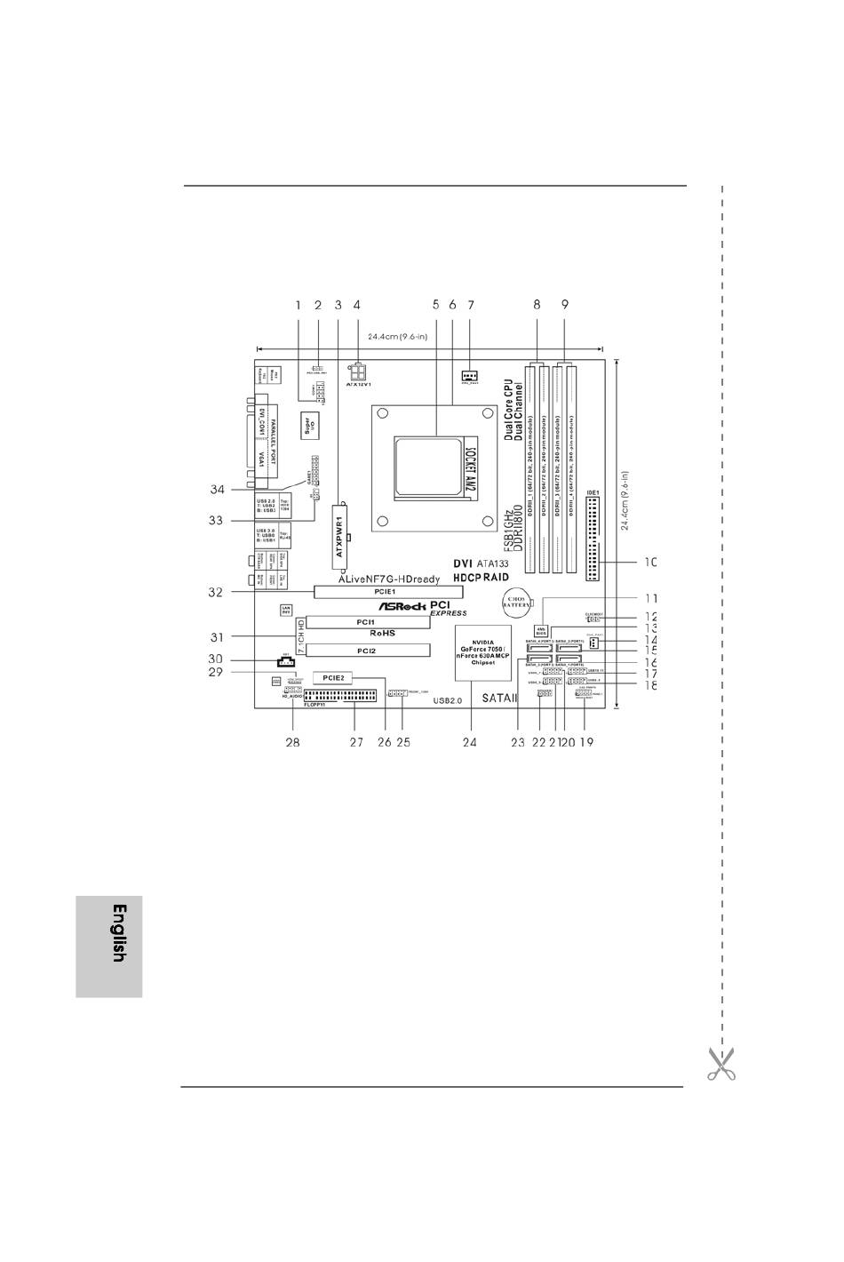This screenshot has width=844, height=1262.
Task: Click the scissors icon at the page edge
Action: coord(721,1064)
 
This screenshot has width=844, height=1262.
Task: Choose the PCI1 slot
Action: coord(364,622)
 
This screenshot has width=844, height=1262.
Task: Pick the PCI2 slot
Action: coord(364,651)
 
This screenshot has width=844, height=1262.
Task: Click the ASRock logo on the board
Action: coord(396,604)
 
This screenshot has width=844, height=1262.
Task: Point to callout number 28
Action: coord(291,743)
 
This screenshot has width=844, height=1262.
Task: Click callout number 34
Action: coord(217,490)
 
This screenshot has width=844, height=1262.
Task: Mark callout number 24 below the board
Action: coord(469,743)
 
